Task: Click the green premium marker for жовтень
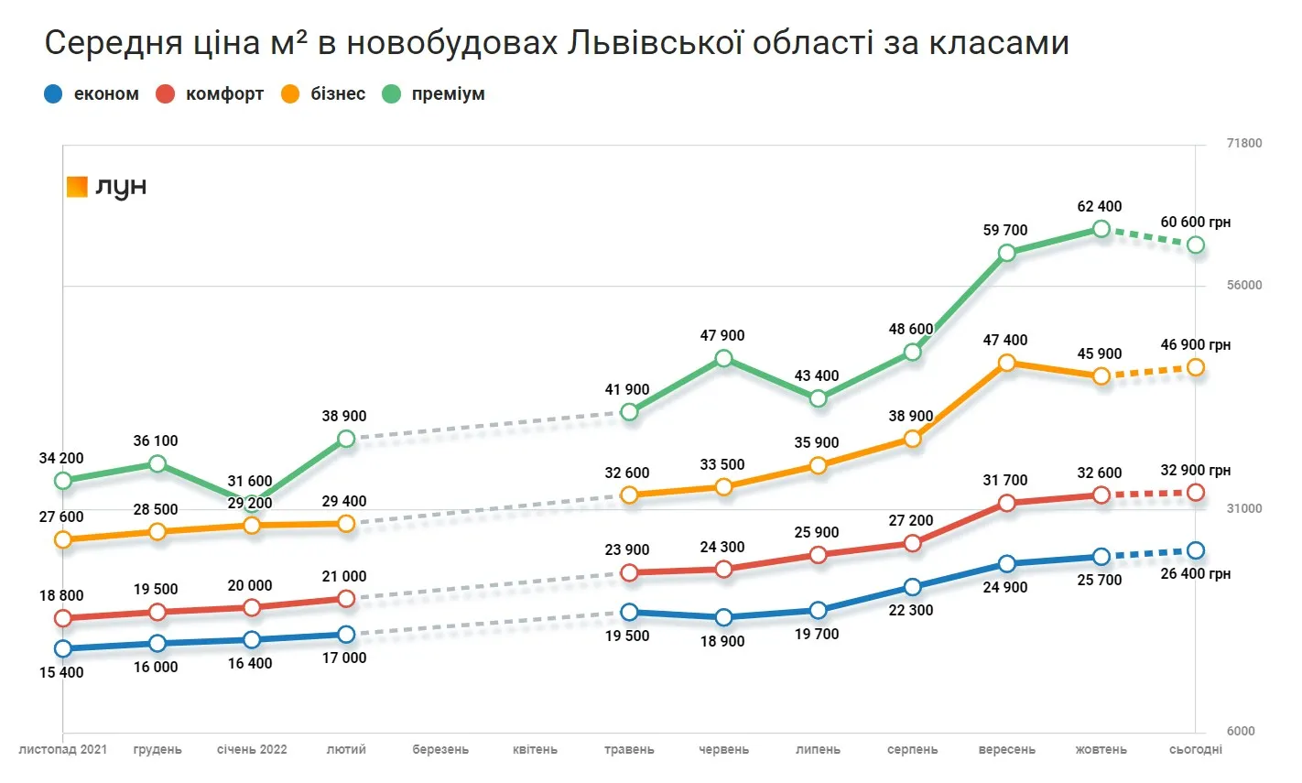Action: [x=1101, y=229]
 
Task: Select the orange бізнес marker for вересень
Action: [x=1007, y=364]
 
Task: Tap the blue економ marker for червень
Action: [x=723, y=618]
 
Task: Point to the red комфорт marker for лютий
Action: [x=346, y=599]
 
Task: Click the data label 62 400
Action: [x=1099, y=207]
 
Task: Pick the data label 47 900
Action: [x=722, y=336]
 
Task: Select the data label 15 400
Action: [x=61, y=673]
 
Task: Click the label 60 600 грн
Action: [x=1195, y=223]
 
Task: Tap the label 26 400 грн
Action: [x=1195, y=574]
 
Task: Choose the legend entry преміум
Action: [x=448, y=94]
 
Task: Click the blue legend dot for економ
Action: [x=54, y=94]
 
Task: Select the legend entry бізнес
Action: [x=337, y=94]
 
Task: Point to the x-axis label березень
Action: [x=440, y=750]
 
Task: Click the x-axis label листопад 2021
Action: [x=62, y=750]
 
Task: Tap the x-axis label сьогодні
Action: [x=1196, y=750]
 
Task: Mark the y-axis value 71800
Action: [x=1244, y=144]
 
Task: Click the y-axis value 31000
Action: [x=1244, y=509]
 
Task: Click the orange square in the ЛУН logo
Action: [x=77, y=187]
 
